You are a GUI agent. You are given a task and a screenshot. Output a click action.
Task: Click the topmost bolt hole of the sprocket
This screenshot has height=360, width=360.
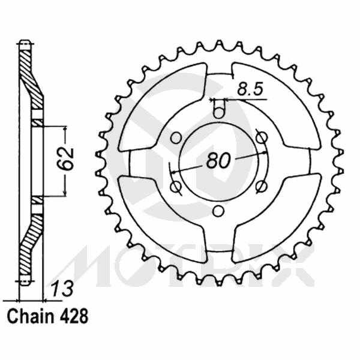pyautogui.click(x=219, y=112)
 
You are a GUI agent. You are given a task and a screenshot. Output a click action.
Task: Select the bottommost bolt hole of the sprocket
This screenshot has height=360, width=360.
pyautogui.click(x=219, y=211)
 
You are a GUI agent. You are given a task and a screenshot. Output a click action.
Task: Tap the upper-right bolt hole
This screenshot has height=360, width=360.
pyautogui.click(x=261, y=137)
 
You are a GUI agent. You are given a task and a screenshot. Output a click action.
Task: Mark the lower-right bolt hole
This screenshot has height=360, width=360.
pyautogui.click(x=261, y=187)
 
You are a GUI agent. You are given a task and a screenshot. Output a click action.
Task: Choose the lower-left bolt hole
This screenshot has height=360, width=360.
pyautogui.click(x=176, y=187)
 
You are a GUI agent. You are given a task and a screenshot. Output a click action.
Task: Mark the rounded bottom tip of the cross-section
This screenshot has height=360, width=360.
pyautogui.click(x=24, y=281)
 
